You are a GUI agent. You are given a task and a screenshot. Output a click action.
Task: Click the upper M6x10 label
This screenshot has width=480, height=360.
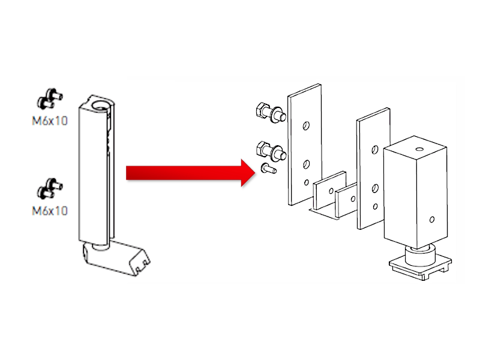coord(50,121)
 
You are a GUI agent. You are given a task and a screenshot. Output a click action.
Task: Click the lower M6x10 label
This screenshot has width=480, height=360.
coord(50,211)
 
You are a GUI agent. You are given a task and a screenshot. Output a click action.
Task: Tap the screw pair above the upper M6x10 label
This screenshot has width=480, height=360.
coord(50,98)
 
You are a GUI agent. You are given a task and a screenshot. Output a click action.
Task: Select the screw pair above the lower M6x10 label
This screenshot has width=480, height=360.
coord(50,188)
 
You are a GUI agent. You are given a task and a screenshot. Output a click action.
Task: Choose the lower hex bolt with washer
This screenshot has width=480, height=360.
coord(271,151)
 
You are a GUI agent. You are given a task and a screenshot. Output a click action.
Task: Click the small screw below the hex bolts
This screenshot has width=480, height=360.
coord(268,169)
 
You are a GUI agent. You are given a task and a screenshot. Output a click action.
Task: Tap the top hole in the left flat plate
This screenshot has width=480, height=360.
coord(306,126)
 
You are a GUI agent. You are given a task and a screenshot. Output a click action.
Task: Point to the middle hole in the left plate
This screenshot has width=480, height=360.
coord(306,164)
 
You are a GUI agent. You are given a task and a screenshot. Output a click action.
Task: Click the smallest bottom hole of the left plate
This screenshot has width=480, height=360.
coord(307,182)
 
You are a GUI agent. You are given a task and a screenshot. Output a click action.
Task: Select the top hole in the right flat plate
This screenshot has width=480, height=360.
coord(374,149)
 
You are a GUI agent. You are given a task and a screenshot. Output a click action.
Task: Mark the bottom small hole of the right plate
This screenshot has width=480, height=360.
coord(376,206)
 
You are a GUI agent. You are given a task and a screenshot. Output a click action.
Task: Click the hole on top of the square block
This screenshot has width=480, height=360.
coord(419,149)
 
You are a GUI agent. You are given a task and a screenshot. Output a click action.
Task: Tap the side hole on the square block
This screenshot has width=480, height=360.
coord(432,220)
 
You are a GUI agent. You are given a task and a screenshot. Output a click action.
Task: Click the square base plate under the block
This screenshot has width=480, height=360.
coord(420,267)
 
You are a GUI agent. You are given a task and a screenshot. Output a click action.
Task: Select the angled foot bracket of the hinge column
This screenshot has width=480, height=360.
coord(116,258)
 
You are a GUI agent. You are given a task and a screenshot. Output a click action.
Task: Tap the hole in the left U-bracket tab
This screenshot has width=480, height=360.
coord(331,191)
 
